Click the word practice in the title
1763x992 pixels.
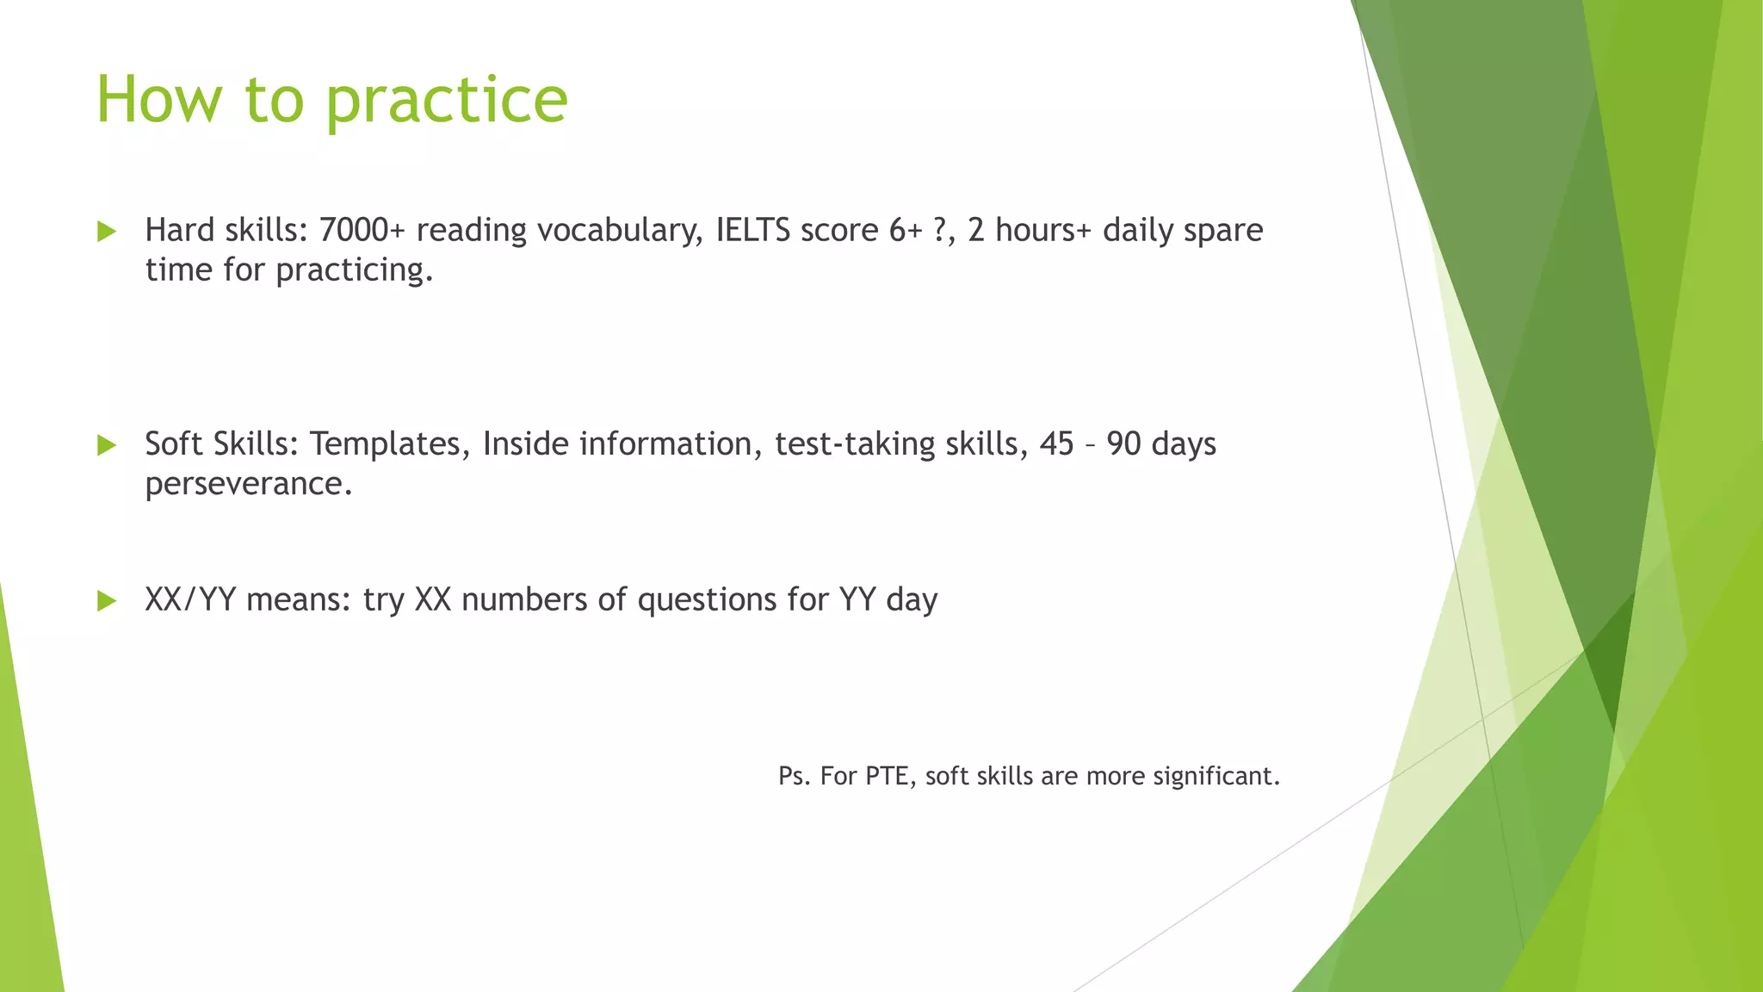[446, 101]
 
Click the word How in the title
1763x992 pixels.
[159, 101]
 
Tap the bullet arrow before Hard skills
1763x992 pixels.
[107, 231]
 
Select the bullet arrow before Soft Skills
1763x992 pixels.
[107, 445]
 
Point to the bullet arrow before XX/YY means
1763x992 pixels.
[107, 600]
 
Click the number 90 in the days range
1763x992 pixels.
[1123, 444]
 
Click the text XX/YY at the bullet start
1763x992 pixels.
[190, 599]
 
